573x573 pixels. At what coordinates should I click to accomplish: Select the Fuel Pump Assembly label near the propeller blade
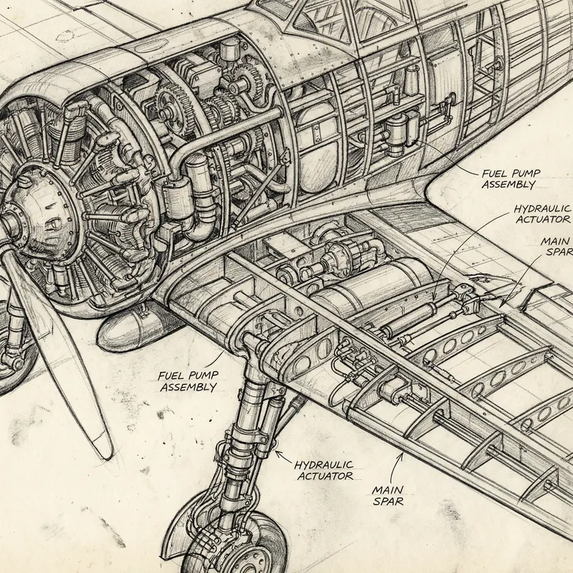click(187, 381)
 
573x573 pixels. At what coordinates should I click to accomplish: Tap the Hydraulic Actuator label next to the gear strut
click(323, 469)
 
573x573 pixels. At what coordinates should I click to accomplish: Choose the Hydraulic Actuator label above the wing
click(542, 213)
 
